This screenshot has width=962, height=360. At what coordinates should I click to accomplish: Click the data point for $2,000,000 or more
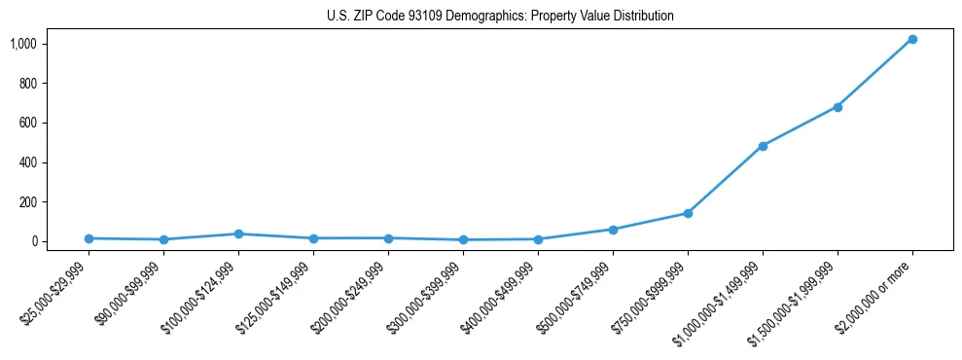point(912,39)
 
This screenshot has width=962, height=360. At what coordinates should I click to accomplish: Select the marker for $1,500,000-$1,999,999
point(837,107)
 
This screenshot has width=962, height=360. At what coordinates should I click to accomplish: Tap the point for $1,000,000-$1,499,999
point(763,146)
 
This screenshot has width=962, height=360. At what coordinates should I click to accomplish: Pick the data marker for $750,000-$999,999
point(688,213)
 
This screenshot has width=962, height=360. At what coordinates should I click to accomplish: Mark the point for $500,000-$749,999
point(613,230)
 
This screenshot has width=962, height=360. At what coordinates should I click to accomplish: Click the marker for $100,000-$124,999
point(238,234)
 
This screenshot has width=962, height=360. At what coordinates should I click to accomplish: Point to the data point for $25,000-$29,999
point(89,238)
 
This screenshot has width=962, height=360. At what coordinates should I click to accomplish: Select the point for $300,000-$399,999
point(463,239)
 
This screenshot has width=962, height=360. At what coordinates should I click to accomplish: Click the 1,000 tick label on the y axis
point(23,44)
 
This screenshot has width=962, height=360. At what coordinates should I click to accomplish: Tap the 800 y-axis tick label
point(28,84)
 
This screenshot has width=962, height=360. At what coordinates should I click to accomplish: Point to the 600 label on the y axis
point(28,123)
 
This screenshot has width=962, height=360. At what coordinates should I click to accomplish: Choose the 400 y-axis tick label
point(28,162)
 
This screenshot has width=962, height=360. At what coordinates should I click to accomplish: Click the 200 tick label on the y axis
point(28,201)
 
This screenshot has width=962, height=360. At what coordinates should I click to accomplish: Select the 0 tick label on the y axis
point(34,241)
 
